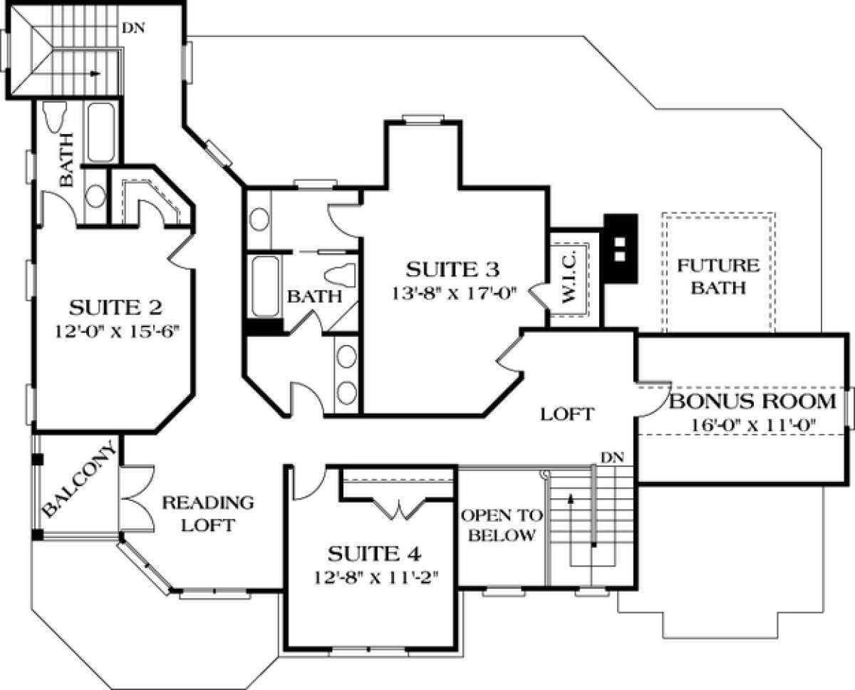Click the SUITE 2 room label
tap(115, 308)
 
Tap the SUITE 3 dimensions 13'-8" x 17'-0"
tap(454, 294)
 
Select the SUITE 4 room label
tap(374, 554)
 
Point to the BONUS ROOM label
tap(753, 401)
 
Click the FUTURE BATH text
tap(718, 277)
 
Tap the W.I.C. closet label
tap(569, 278)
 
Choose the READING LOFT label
tap(208, 514)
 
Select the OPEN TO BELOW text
tap(502, 525)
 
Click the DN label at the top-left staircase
tap(133, 29)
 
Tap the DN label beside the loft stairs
tap(612, 458)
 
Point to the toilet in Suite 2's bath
tap(54, 115)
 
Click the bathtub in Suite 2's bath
tap(101, 133)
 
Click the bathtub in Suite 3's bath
tap(265, 286)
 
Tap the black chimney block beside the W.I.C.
tap(621, 249)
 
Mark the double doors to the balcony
tap(136, 498)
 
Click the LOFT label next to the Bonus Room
tap(567, 415)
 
